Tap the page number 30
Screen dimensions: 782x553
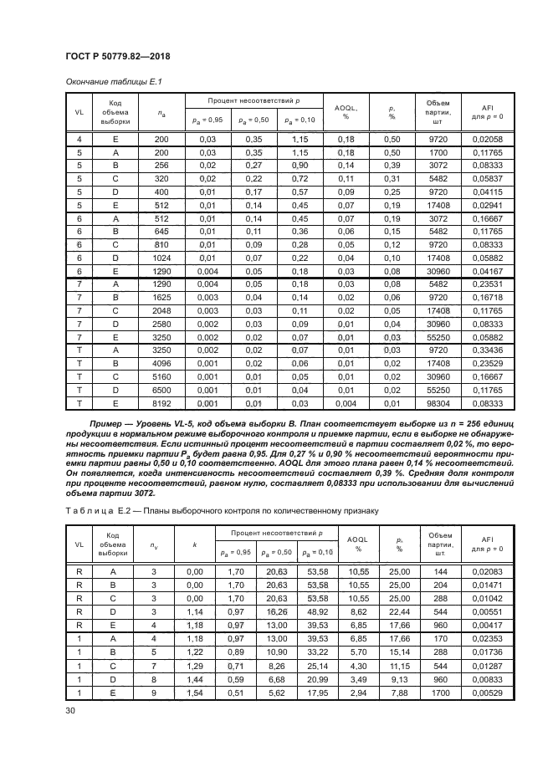(x=70, y=710)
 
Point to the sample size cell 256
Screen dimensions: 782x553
(x=161, y=166)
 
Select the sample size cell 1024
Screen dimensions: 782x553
(x=161, y=258)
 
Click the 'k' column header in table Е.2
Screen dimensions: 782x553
(x=195, y=544)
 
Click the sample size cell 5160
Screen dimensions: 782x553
(x=161, y=376)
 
